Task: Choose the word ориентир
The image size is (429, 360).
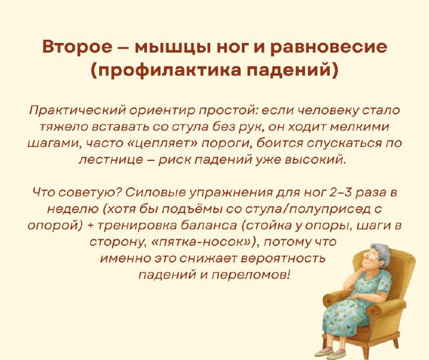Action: pyautogui.click(x=149, y=112)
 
